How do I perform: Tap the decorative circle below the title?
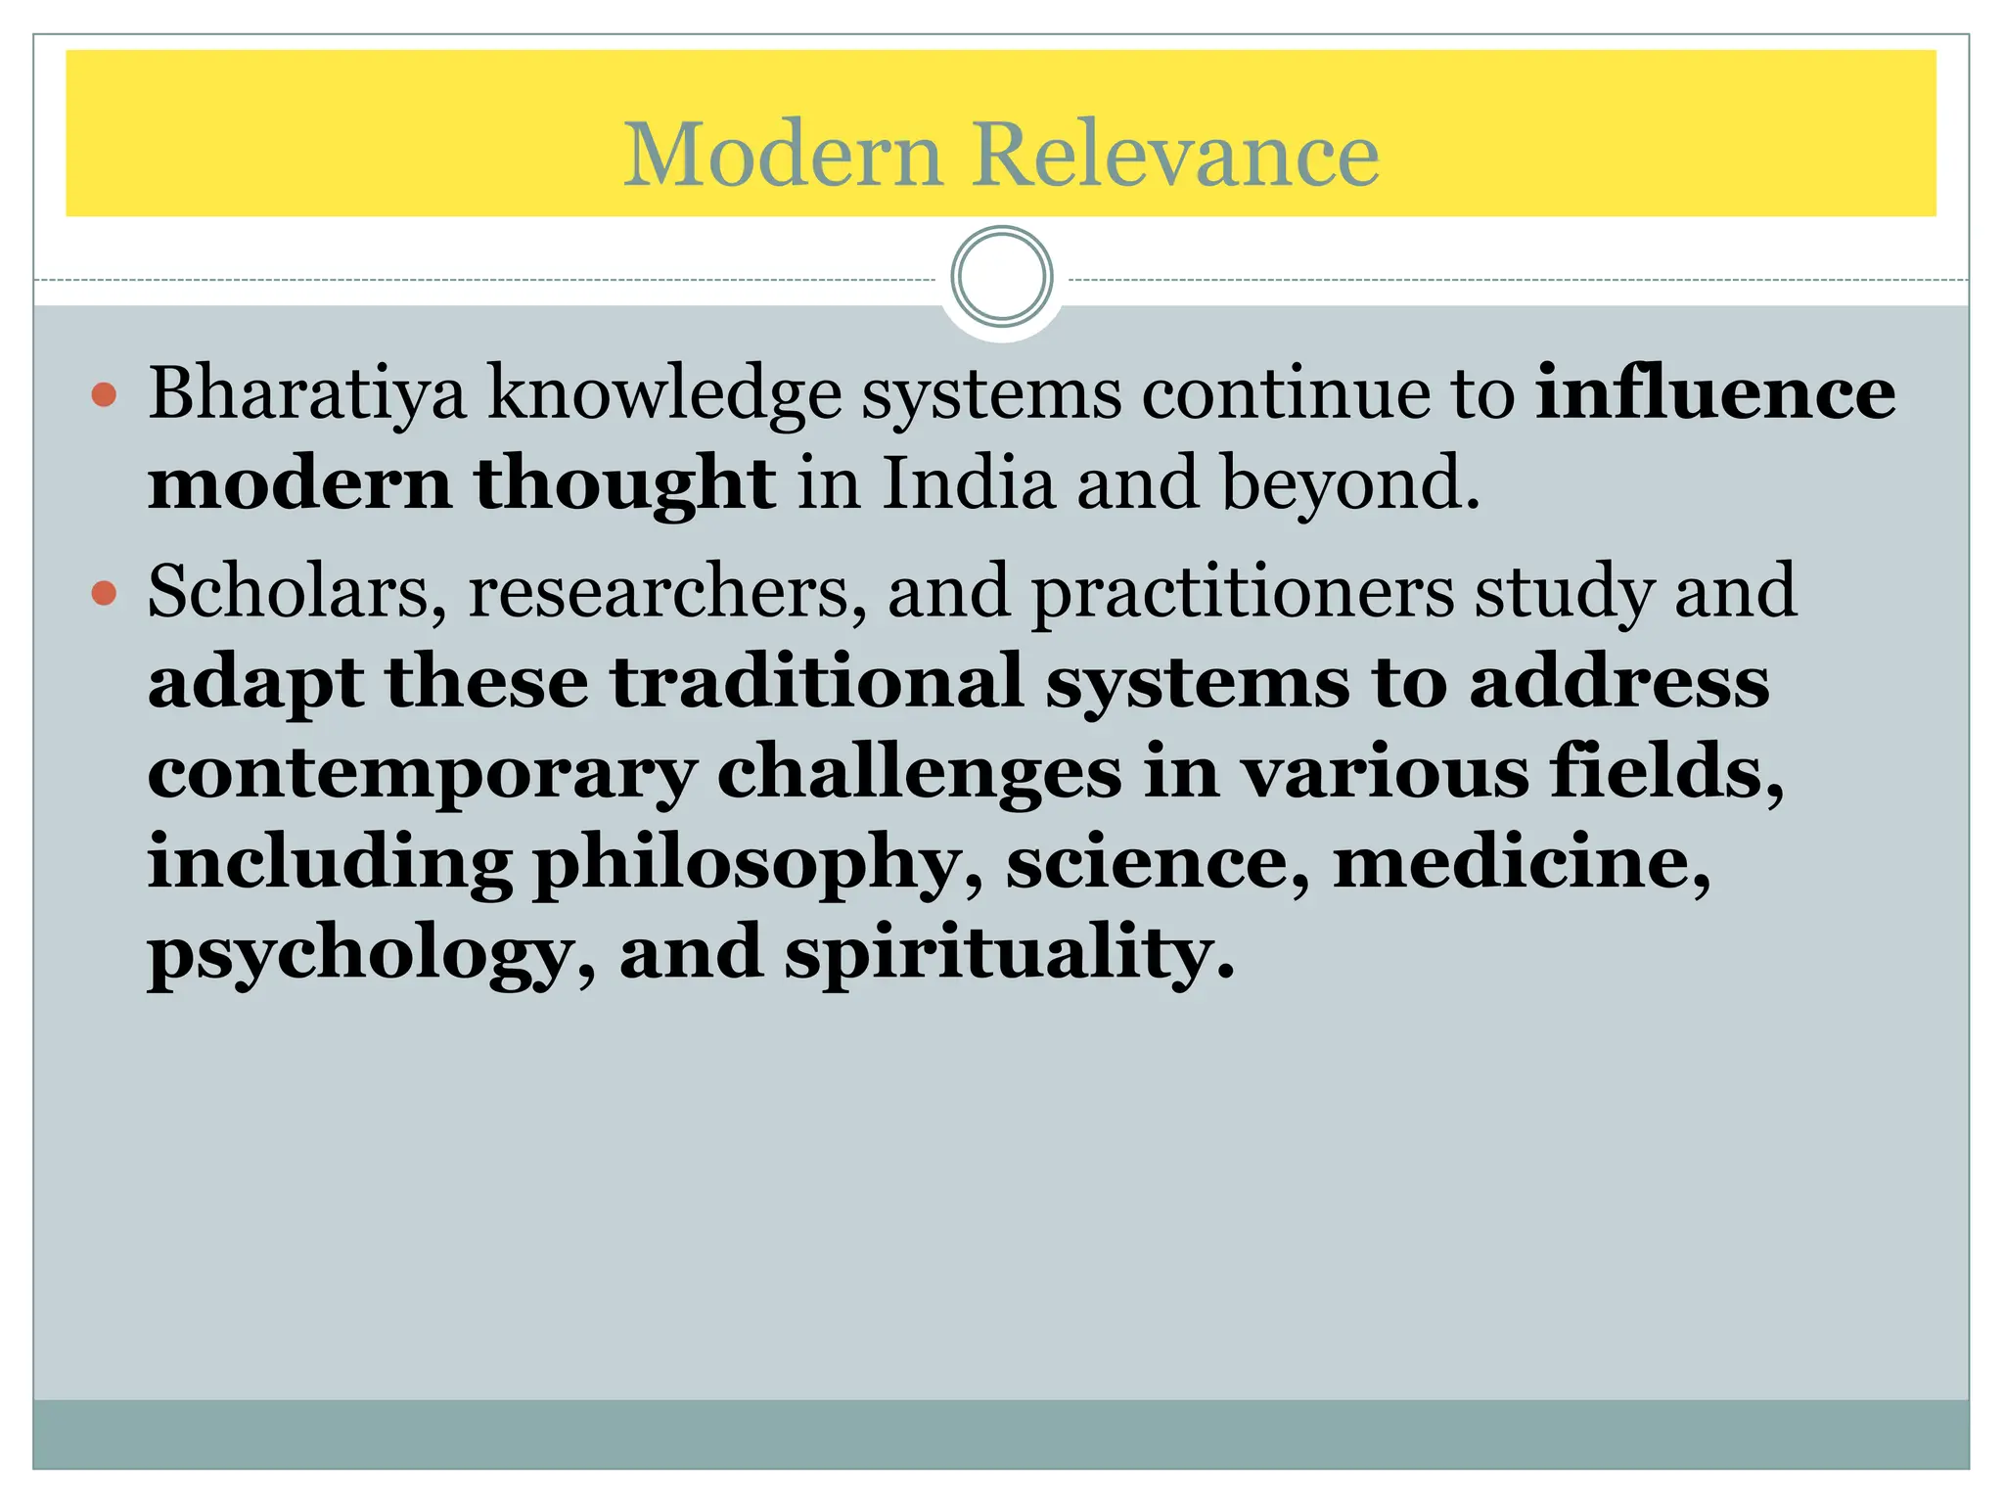1001,277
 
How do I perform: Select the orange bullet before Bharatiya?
104,395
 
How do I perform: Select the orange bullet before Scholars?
104,593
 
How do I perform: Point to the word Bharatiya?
307,393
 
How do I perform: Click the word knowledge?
664,393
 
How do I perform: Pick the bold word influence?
1714,393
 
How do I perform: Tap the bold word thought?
625,483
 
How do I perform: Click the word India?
969,483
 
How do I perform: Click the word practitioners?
1243,593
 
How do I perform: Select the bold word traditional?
817,682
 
